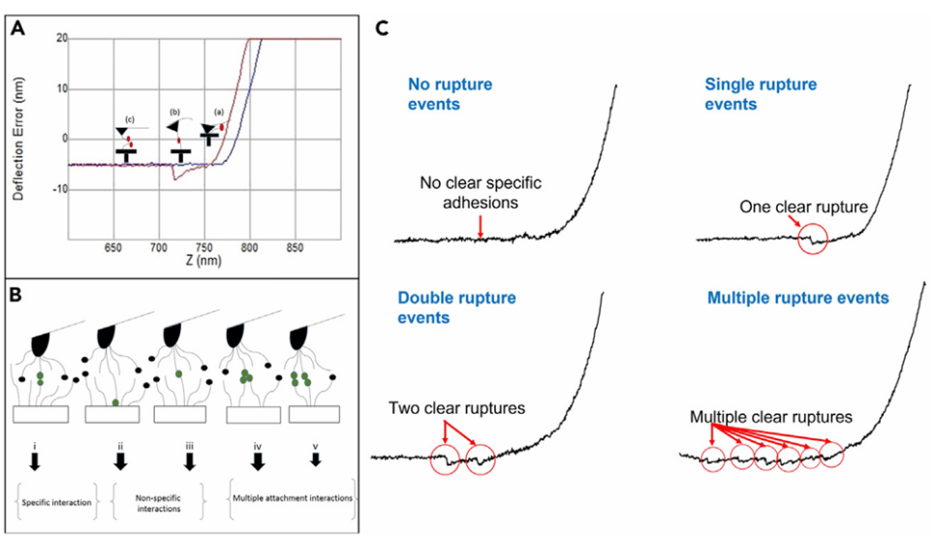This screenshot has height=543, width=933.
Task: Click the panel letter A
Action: click(16, 28)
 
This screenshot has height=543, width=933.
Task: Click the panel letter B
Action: click(17, 293)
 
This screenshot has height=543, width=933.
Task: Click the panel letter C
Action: click(383, 28)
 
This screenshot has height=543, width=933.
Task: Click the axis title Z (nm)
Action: click(204, 261)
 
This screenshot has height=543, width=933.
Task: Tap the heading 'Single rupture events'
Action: click(761, 93)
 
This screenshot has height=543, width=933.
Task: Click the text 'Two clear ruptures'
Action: click(457, 408)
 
